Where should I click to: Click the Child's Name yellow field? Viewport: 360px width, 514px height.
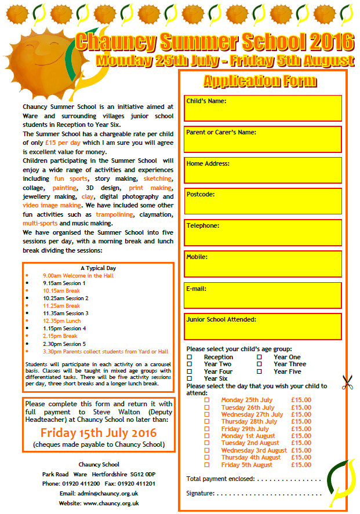pyautogui.click(x=263, y=108)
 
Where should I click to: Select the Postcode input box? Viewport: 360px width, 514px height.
pyautogui.click(x=263, y=202)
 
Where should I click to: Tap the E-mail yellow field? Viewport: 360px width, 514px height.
pyautogui.click(x=263, y=296)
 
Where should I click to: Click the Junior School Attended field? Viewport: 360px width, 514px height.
pyautogui.click(x=263, y=327)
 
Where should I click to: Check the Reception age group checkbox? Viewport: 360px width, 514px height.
pyautogui.click(x=190, y=358)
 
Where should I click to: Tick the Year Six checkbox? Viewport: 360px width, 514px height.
pyautogui.click(x=190, y=378)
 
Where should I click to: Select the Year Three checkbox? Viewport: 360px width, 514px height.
pyautogui.click(x=260, y=364)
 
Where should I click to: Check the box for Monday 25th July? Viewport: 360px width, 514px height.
pyautogui.click(x=207, y=400)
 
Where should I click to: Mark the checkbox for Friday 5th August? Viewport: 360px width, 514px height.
pyautogui.click(x=207, y=465)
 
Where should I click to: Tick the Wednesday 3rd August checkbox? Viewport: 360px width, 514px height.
pyautogui.click(x=207, y=450)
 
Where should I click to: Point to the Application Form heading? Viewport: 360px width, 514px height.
pyautogui.click(x=260, y=81)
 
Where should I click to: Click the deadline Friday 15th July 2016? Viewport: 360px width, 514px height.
pyautogui.click(x=99, y=433)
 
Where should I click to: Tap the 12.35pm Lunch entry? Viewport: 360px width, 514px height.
pyautogui.click(x=62, y=321)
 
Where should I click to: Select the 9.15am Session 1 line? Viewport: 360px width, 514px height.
pyautogui.click(x=64, y=283)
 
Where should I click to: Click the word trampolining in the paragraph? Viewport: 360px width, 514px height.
pyautogui.click(x=115, y=215)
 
